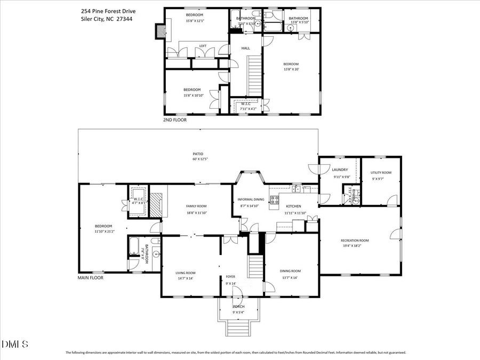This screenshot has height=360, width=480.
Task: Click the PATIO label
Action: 198,154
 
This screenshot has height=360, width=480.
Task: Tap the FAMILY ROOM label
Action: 196,206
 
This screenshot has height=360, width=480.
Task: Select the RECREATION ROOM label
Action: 355,241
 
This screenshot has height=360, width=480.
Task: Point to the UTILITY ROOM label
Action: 381,172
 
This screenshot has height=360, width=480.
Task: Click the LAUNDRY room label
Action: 340,170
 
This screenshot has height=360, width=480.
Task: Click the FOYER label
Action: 230,276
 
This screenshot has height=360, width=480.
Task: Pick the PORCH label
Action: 238,307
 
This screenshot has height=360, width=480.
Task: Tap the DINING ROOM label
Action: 291,271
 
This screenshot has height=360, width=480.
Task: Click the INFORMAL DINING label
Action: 249,199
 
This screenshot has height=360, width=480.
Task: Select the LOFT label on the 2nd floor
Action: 203,46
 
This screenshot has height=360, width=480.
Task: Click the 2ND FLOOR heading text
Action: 175,121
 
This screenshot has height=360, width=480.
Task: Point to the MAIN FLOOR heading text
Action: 91,278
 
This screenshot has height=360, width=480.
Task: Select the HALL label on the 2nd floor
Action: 245,48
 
